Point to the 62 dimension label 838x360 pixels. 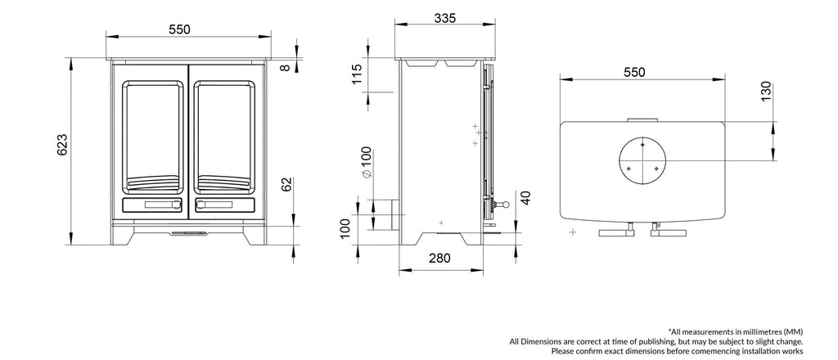[286, 183]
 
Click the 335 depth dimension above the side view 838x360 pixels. [445, 18]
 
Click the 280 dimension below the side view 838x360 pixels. [439, 259]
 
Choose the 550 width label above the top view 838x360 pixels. [633, 72]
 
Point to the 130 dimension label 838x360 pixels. [765, 92]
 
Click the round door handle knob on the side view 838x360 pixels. [506, 204]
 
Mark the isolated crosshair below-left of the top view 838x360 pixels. [571, 233]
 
